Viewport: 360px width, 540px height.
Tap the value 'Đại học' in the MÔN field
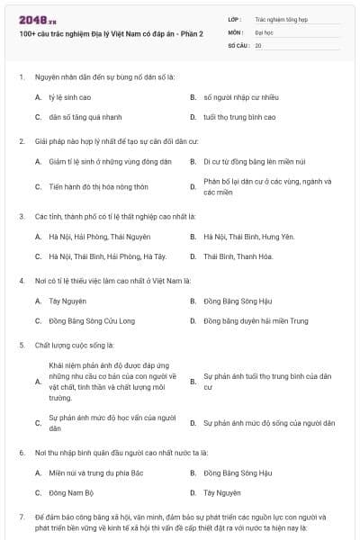[263, 31]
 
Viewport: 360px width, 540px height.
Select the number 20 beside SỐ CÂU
[258, 44]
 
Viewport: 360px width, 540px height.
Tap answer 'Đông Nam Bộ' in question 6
[71, 493]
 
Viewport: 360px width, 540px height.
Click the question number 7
[22, 517]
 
